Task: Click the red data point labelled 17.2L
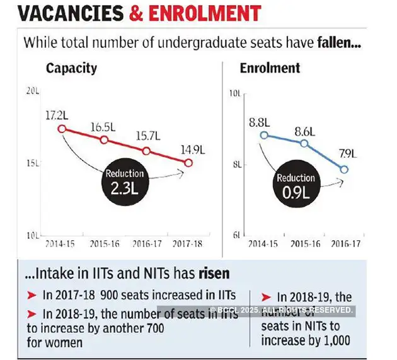click(62, 129)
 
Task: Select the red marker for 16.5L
click(104, 139)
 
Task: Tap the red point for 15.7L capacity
click(146, 151)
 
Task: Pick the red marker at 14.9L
click(188, 163)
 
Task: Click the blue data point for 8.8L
click(265, 135)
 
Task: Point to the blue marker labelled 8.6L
click(304, 143)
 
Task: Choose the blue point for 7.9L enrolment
click(344, 169)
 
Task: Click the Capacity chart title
click(71, 69)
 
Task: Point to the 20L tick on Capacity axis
click(33, 91)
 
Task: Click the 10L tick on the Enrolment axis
click(235, 93)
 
